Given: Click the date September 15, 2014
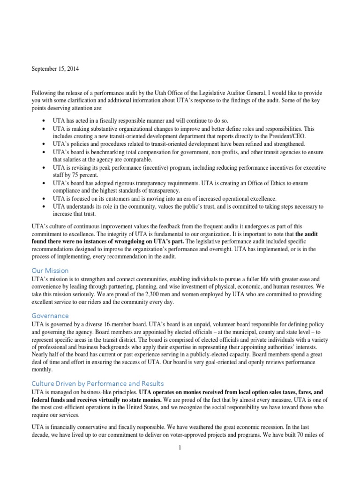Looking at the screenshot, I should point(55,69).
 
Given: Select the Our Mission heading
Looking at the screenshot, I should point(50,270).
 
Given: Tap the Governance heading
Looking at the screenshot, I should point(50,315).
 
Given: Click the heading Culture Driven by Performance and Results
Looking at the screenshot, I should point(97,383).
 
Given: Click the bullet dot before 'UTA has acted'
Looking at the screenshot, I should point(43,120).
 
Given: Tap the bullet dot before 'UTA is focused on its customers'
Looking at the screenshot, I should point(43,199).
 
